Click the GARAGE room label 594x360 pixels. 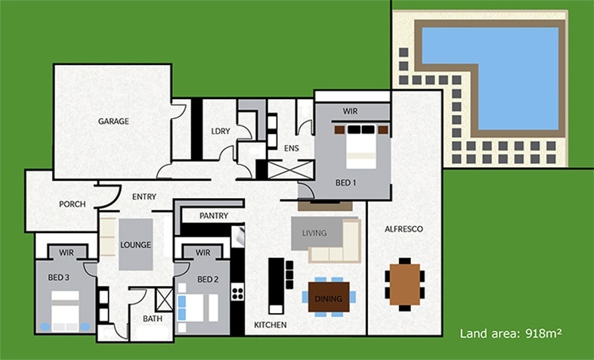113,121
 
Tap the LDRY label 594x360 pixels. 221,131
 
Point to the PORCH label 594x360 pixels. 72,204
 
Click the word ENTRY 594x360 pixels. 144,197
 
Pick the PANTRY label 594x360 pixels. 214,216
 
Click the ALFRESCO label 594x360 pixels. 403,228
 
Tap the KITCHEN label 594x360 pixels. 270,324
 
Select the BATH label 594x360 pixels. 153,318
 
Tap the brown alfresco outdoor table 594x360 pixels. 405,284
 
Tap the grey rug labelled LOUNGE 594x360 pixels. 135,244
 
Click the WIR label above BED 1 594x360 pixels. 350,111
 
